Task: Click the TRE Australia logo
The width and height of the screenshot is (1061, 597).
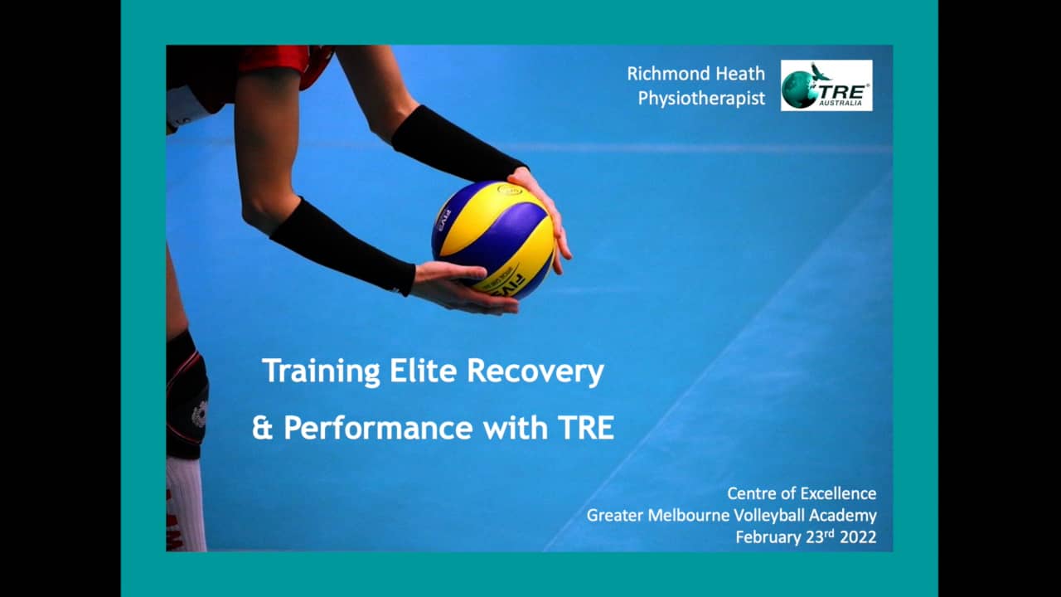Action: tap(826, 85)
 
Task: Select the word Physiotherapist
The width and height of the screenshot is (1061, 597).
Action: tap(701, 99)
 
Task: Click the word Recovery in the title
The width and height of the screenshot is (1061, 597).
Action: tap(535, 371)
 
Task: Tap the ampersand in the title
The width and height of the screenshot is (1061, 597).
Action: tap(263, 428)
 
